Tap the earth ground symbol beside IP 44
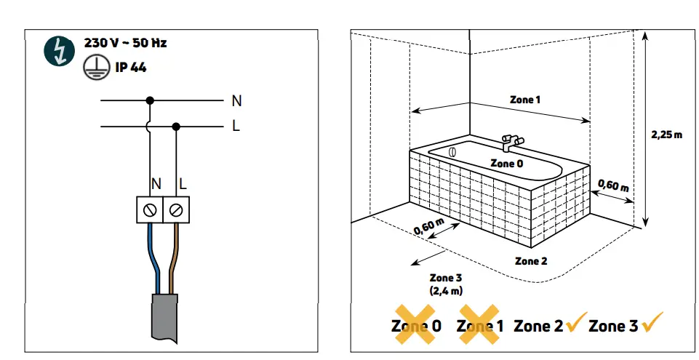90,68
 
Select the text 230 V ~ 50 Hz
120,43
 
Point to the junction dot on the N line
150,100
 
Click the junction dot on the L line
176,126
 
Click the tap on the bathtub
511,140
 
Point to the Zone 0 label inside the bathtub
506,164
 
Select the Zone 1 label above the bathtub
525,100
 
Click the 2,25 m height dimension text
666,135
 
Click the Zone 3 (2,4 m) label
446,284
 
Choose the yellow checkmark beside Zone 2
576,324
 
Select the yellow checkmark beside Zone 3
652,324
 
